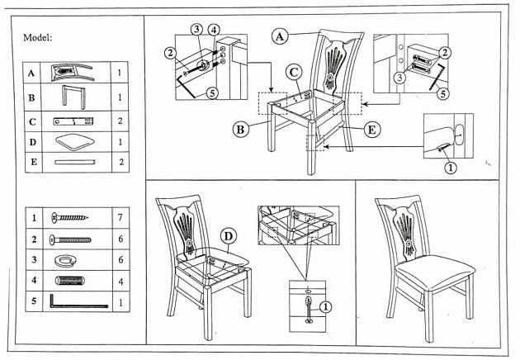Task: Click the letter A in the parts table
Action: point(31,73)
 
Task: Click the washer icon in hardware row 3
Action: point(64,261)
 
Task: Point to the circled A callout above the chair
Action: point(281,36)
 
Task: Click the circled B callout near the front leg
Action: point(240,129)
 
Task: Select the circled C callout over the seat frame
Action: point(294,72)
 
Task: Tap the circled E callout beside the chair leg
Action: point(371,129)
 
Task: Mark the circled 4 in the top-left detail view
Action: point(214,31)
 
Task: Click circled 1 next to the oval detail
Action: point(450,168)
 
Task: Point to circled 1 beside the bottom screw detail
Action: point(324,306)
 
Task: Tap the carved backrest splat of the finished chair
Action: point(406,230)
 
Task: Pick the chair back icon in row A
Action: point(73,73)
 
